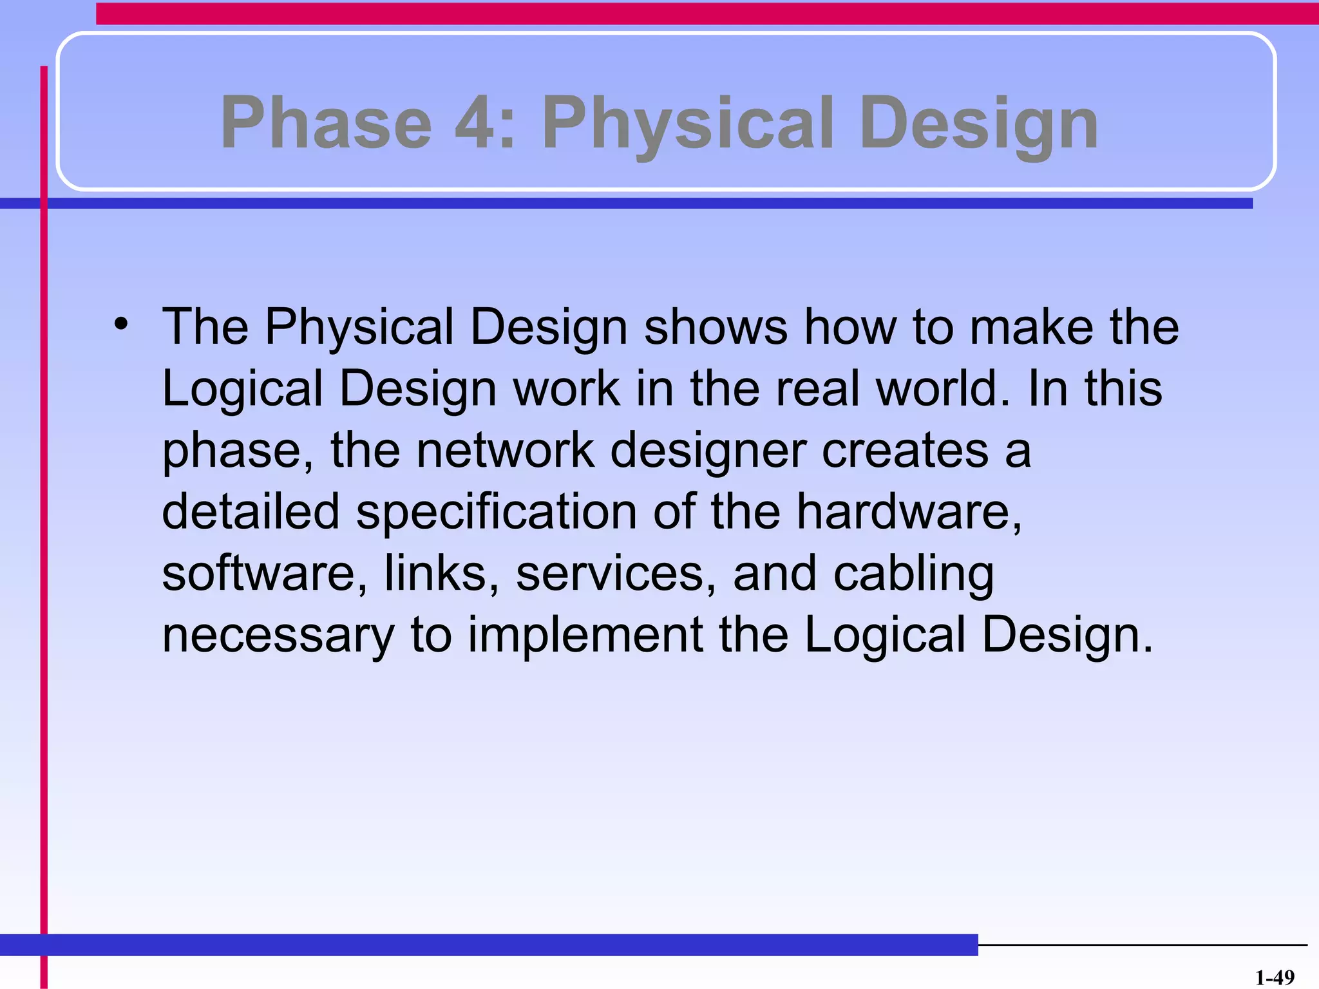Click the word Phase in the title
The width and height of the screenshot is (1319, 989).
326,122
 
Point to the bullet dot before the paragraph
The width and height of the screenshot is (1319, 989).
121,324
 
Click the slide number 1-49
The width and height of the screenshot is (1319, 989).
1275,977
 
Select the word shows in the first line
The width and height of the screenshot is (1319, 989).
715,326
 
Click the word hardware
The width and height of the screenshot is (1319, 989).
908,512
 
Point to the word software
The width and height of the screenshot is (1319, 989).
264,573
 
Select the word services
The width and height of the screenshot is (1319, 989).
615,573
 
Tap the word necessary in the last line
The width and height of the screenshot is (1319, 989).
278,636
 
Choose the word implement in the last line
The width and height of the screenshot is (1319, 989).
585,636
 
